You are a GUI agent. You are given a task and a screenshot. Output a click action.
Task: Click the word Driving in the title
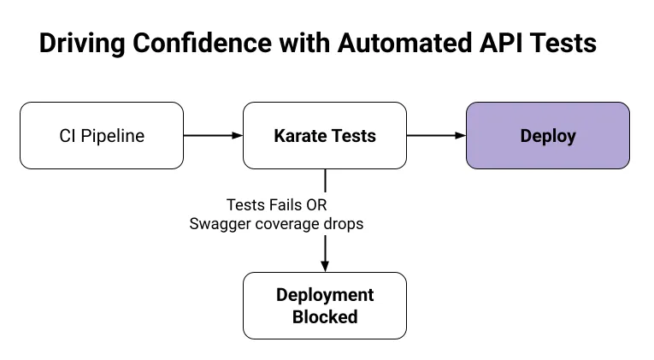(82, 44)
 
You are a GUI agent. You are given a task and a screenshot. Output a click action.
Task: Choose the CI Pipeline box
(102, 136)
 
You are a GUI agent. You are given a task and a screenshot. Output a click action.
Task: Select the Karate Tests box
(325, 136)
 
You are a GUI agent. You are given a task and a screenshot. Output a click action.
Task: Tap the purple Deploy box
(548, 136)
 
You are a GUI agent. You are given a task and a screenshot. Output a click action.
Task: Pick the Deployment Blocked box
(325, 306)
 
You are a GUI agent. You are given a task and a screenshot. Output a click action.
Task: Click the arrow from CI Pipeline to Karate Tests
(213, 136)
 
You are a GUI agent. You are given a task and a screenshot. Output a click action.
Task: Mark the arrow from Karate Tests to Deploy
(436, 136)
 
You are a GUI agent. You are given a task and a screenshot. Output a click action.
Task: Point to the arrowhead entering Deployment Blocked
(325, 267)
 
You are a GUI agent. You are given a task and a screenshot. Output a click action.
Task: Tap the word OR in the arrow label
(316, 205)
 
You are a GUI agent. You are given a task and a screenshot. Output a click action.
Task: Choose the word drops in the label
(344, 223)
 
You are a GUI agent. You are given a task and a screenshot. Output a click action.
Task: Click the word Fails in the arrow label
(286, 205)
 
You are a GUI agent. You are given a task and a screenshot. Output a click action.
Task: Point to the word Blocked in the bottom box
(325, 316)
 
